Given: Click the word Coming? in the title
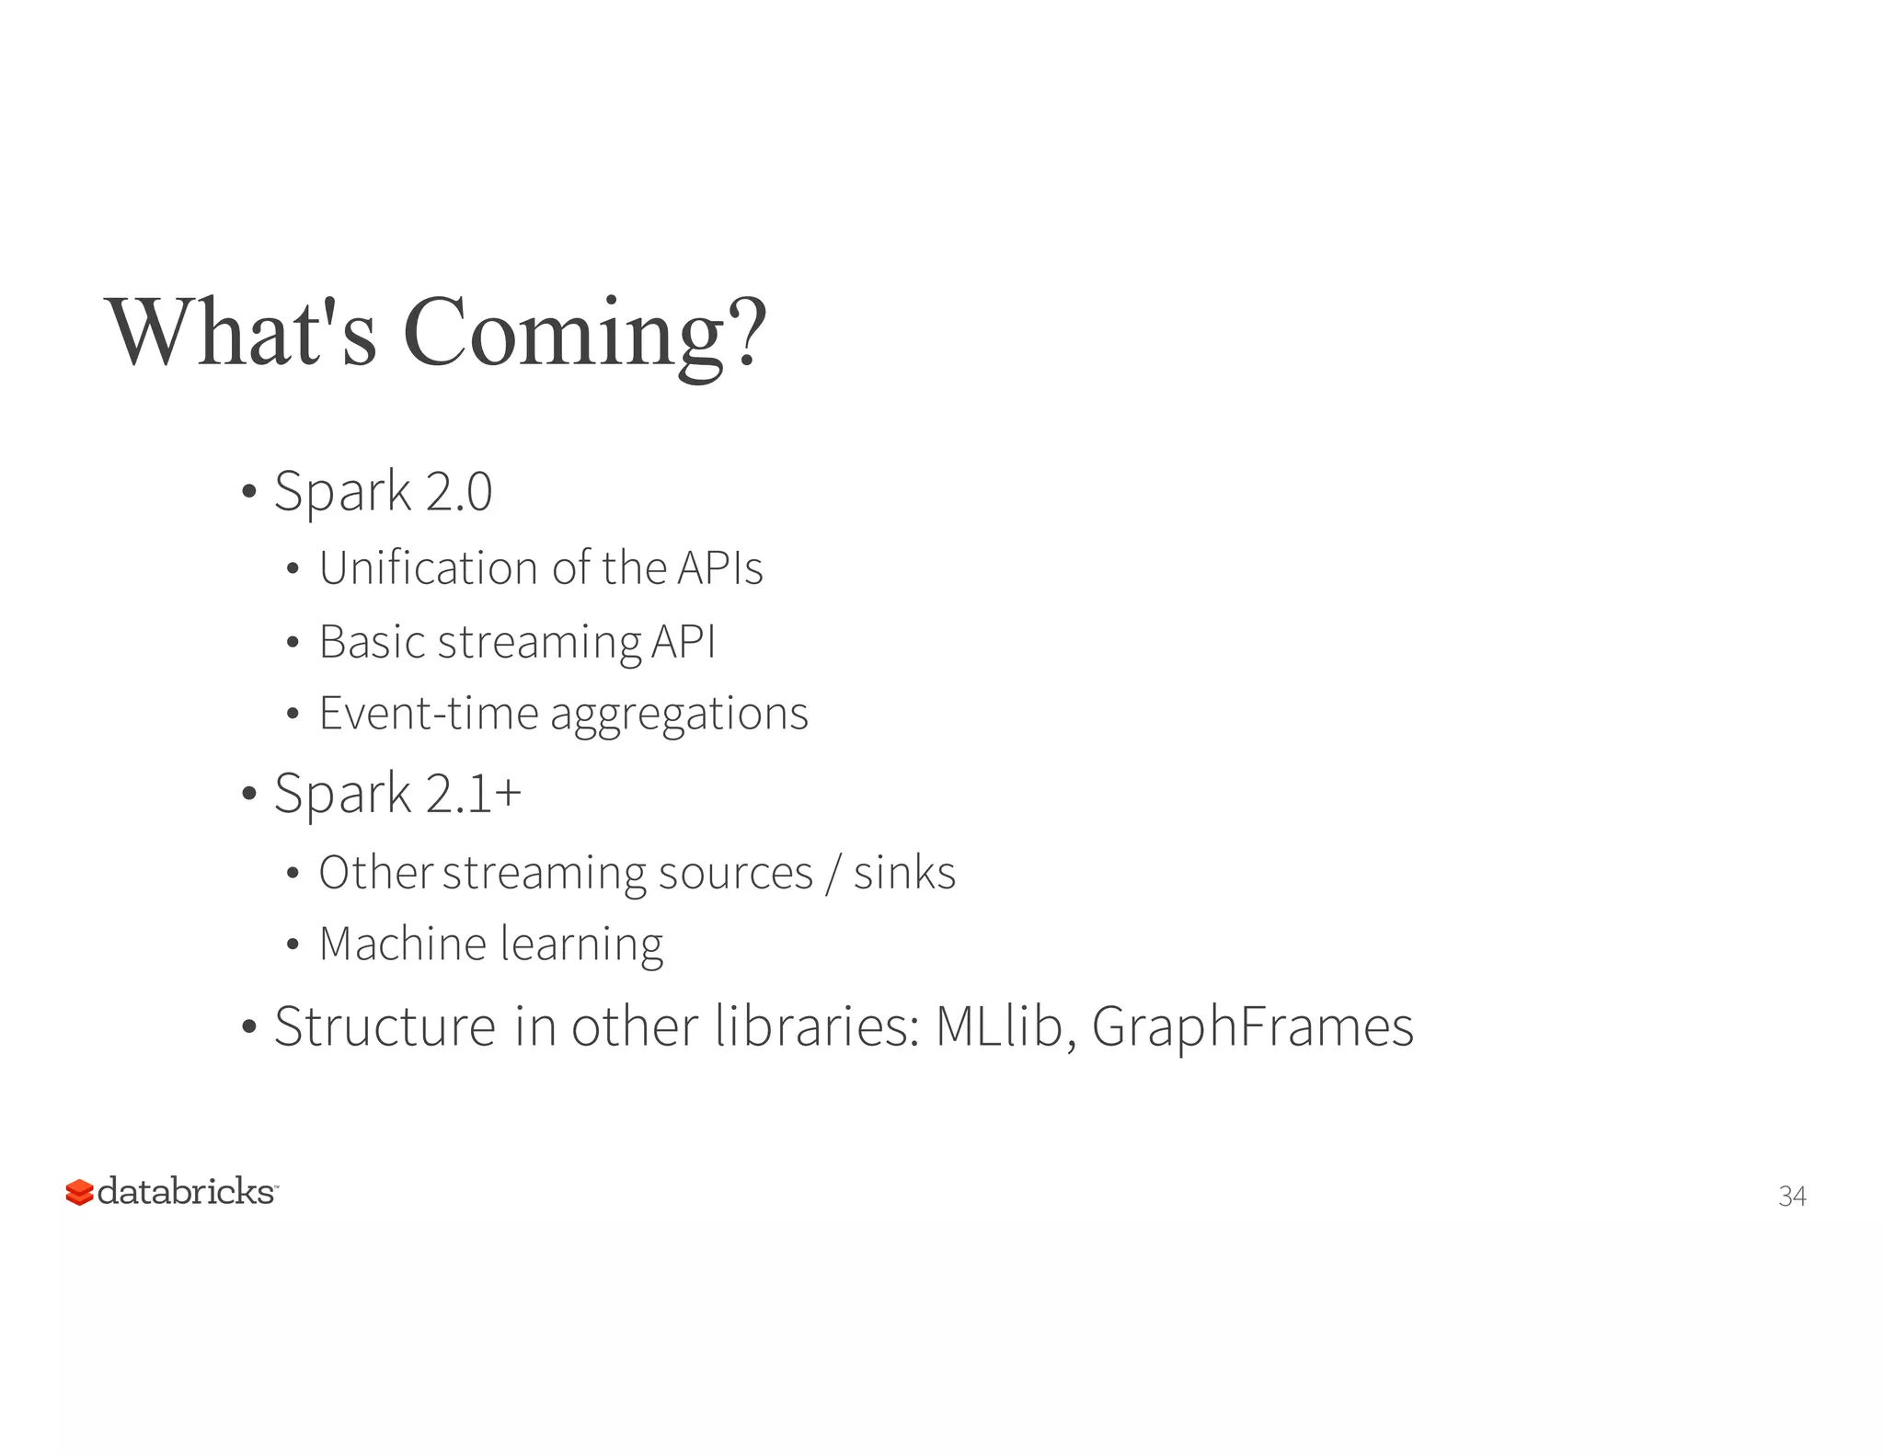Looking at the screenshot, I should click(x=584, y=333).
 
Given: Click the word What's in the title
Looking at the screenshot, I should click(x=242, y=333).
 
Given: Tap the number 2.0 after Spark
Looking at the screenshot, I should click(x=459, y=491).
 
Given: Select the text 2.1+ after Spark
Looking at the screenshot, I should click(x=474, y=794).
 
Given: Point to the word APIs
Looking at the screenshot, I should click(x=719, y=568).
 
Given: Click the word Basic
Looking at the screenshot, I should click(x=372, y=642).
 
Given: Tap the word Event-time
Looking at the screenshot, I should click(x=428, y=714).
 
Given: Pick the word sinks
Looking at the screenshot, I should click(x=904, y=873).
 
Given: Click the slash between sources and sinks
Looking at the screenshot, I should click(x=833, y=874).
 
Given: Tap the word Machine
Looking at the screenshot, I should click(x=403, y=945).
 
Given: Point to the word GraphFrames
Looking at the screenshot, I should click(x=1252, y=1026).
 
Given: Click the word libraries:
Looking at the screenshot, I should click(x=818, y=1026).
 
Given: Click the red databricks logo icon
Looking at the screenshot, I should click(x=79, y=1192).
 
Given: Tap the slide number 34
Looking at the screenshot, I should click(x=1792, y=1196).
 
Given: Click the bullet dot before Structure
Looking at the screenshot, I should click(x=248, y=1027).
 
